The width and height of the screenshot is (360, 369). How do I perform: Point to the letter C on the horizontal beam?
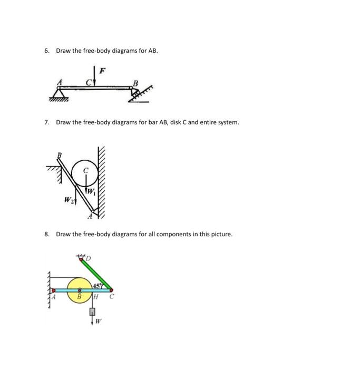pos(89,82)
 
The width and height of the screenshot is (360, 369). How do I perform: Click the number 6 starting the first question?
pos(46,51)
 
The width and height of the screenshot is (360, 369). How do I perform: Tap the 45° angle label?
pos(98,285)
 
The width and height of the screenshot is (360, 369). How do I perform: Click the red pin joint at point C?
pos(111,290)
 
